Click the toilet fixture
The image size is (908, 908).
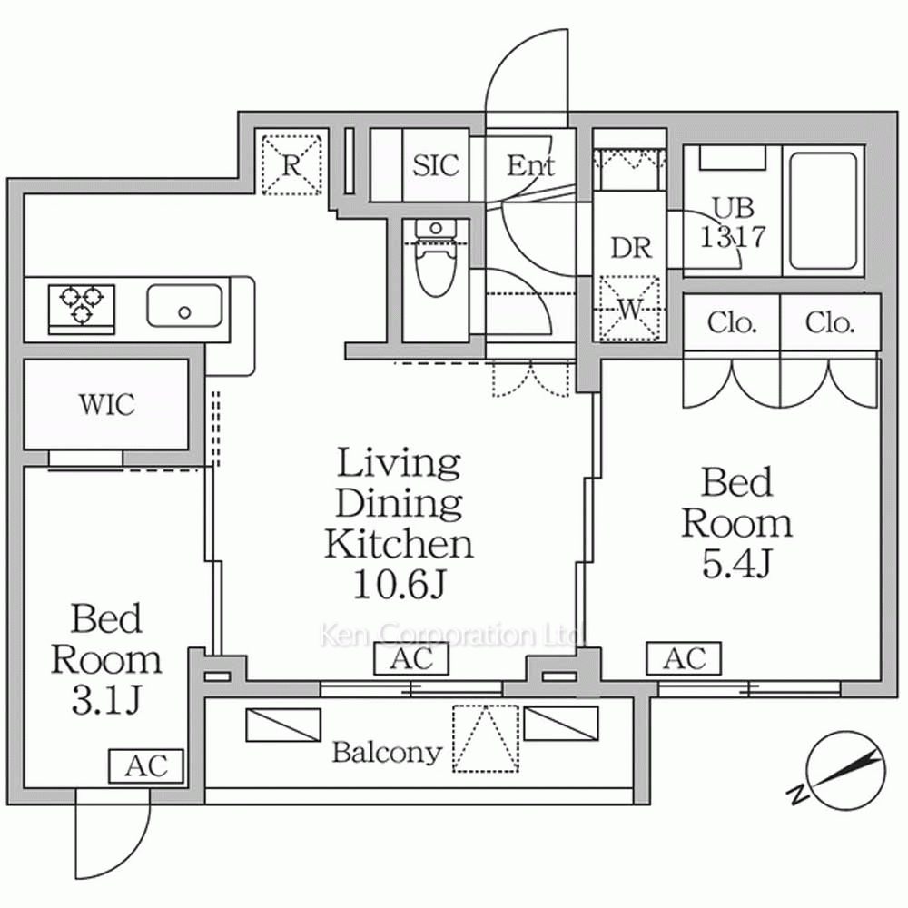pyautogui.click(x=436, y=258)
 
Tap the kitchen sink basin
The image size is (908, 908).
pyautogui.click(x=184, y=305)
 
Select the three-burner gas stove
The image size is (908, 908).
pyautogui.click(x=82, y=309)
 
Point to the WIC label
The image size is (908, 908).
pyautogui.click(x=107, y=404)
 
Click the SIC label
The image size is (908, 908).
pyautogui.click(x=436, y=165)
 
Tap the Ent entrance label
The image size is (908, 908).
pyautogui.click(x=530, y=165)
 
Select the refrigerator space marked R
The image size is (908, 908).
pyautogui.click(x=291, y=165)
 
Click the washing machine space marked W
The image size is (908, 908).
pyautogui.click(x=629, y=309)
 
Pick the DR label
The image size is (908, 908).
pyautogui.click(x=631, y=248)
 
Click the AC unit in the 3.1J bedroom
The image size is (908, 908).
pyautogui.click(x=146, y=766)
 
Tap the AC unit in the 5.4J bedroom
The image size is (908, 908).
pyautogui.click(x=684, y=658)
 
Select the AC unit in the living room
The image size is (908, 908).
pyautogui.click(x=411, y=658)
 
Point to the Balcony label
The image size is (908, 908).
pyautogui.click(x=386, y=752)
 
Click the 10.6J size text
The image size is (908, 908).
pyautogui.click(x=399, y=586)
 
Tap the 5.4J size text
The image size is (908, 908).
pyautogui.click(x=736, y=564)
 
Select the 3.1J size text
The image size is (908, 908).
pyautogui.click(x=106, y=701)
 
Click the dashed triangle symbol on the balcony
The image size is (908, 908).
pyautogui.click(x=486, y=738)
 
